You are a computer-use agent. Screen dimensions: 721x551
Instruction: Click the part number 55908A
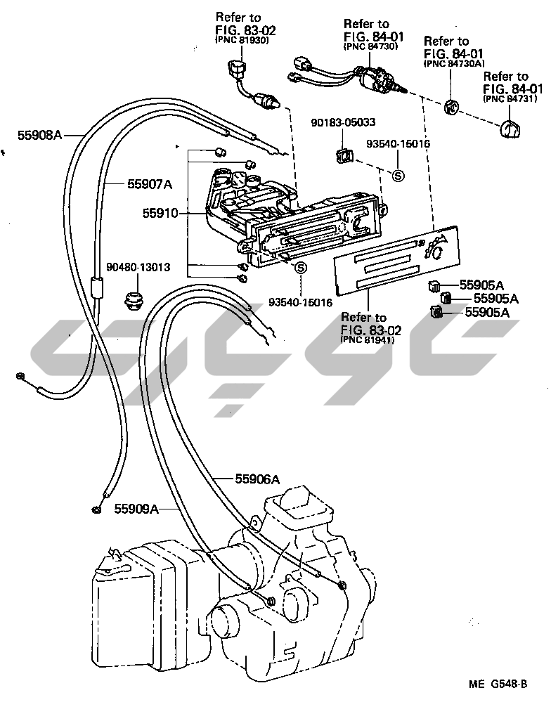(x=40, y=134)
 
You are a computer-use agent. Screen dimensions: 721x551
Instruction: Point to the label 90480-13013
(x=138, y=267)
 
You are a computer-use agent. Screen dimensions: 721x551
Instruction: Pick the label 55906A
(x=257, y=479)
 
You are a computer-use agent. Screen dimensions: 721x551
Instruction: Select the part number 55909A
(x=137, y=507)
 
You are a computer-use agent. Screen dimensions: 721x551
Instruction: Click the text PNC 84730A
(x=455, y=63)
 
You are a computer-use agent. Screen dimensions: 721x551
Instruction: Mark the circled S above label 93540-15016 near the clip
(x=397, y=175)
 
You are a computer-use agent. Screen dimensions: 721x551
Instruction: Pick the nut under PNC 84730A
(x=452, y=107)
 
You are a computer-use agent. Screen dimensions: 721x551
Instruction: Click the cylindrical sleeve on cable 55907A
(x=97, y=288)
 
